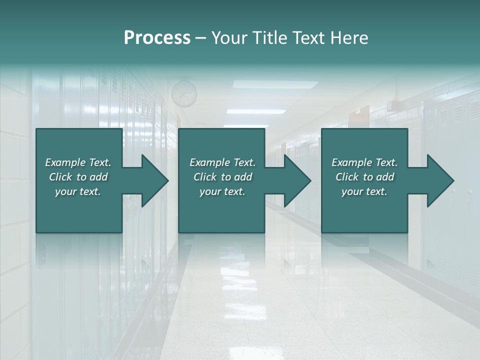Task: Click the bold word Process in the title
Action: pos(157,38)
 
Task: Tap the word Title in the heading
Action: pos(270,38)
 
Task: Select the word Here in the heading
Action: pos(349,38)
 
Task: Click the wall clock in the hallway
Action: pos(184,93)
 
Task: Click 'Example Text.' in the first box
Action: pos(78,162)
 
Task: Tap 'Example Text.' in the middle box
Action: pos(222,162)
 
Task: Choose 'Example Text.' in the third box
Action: pos(364,162)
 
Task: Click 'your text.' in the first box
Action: pos(78,191)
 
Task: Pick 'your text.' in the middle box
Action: pos(222,191)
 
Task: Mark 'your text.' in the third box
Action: pos(364,191)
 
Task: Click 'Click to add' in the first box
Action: pos(78,177)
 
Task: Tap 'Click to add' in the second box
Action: pos(222,177)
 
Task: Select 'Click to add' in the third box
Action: pos(364,177)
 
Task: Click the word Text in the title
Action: pos(308,38)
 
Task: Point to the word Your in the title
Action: pos(229,38)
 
